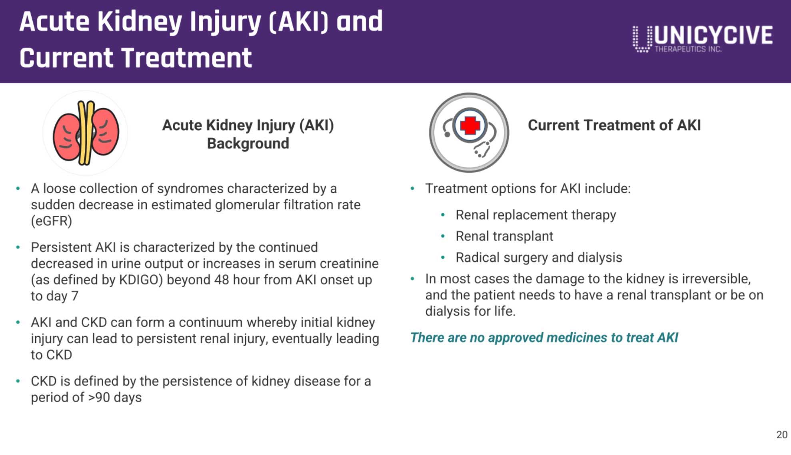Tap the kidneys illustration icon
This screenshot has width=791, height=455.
click(x=86, y=133)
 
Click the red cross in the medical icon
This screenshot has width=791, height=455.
click(x=470, y=125)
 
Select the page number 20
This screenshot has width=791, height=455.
click(x=782, y=435)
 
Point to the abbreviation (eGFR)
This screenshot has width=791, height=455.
click(x=52, y=221)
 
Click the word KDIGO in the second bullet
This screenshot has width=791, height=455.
click(x=141, y=280)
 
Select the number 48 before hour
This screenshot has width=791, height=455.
click(x=222, y=280)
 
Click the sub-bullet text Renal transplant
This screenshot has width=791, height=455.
click(x=504, y=236)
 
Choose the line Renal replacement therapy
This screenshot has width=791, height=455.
click(x=536, y=215)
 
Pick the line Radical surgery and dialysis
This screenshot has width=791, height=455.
click(x=539, y=257)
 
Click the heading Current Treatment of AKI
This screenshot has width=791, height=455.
click(x=614, y=125)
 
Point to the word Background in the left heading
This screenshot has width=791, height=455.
click(x=248, y=143)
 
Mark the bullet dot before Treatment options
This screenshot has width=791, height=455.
click(x=412, y=188)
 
